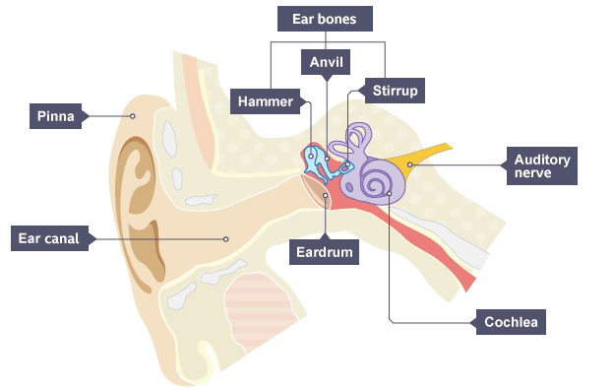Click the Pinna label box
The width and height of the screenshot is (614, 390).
[x=56, y=116]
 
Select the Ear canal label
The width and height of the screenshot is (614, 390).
[x=49, y=238]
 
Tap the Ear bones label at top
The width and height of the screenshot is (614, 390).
[x=325, y=19]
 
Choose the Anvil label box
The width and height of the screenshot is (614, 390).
[x=326, y=62]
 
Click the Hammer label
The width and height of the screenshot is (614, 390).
[x=265, y=101]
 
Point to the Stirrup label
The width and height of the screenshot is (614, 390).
[x=395, y=91]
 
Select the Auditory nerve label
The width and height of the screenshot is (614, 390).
[x=542, y=165]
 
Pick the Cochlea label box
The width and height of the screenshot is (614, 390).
[x=511, y=322]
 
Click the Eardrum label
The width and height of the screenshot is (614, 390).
[x=325, y=252]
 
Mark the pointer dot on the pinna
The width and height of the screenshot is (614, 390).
[x=133, y=116]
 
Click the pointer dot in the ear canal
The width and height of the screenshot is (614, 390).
[x=226, y=239]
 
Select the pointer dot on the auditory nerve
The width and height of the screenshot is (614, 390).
[x=409, y=164]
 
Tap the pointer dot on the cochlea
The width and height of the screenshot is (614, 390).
[x=390, y=193]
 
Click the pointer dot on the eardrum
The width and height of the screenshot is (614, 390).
[x=326, y=195]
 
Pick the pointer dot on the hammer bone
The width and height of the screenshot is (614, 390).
[x=311, y=156]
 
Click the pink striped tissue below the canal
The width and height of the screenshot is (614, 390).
[x=262, y=311]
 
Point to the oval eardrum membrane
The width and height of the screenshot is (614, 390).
[x=316, y=191]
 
